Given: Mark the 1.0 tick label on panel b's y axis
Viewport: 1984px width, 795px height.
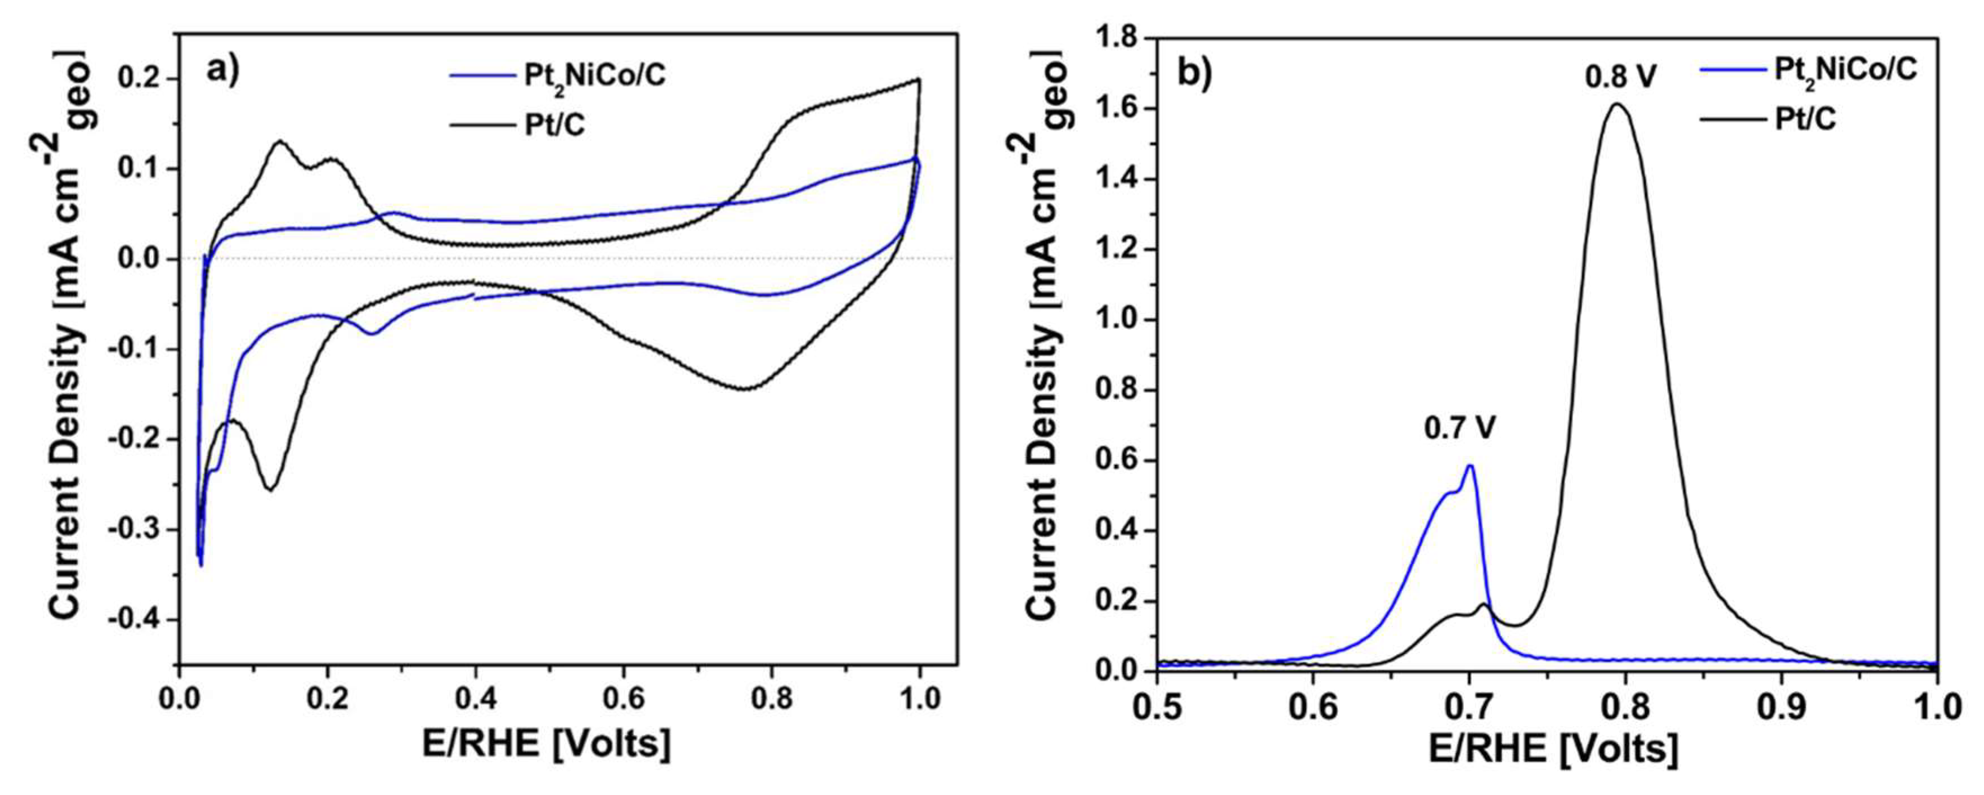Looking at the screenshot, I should tap(1121, 320).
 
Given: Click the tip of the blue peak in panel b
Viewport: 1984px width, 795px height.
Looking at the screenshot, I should tap(1470, 465).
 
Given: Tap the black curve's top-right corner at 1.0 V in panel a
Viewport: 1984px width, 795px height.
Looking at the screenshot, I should tap(918, 79).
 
